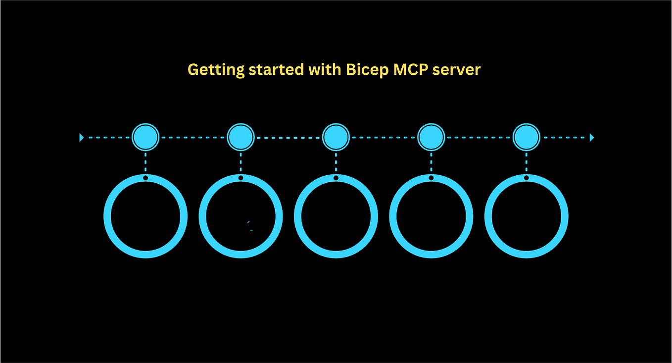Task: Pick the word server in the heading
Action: pyautogui.click(x=456, y=70)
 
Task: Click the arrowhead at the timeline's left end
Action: pyautogui.click(x=82, y=138)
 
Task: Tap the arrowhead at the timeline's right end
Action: pyautogui.click(x=592, y=138)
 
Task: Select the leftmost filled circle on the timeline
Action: pyautogui.click(x=145, y=137)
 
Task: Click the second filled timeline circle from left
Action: pyautogui.click(x=240, y=137)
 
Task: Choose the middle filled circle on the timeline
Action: pyautogui.click(x=336, y=137)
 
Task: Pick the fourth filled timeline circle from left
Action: pyautogui.click(x=431, y=137)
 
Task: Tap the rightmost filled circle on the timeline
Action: pyautogui.click(x=526, y=137)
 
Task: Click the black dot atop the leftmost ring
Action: pyautogui.click(x=145, y=178)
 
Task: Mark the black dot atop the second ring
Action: pyautogui.click(x=240, y=178)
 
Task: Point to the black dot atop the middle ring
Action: pyautogui.click(x=336, y=178)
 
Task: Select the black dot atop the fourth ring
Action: pyautogui.click(x=431, y=178)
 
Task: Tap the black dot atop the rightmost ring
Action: pyautogui.click(x=526, y=178)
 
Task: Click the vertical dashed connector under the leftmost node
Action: pyautogui.click(x=145, y=162)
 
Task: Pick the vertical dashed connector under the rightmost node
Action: pyautogui.click(x=526, y=162)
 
